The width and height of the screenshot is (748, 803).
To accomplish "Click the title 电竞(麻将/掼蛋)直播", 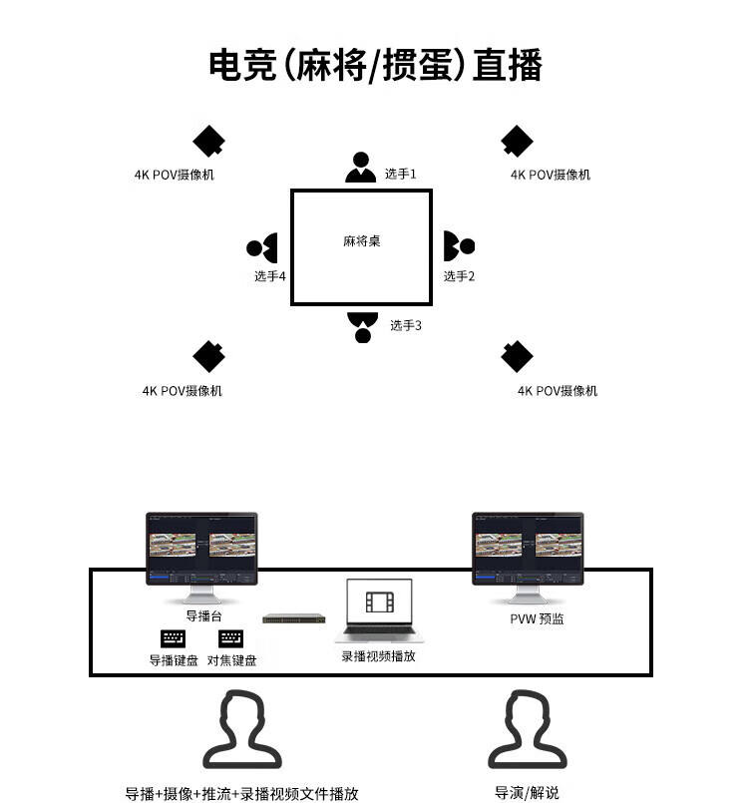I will [x=375, y=66].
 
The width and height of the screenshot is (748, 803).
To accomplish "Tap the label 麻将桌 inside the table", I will [x=361, y=241].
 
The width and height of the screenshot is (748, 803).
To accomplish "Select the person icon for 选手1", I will [x=360, y=168].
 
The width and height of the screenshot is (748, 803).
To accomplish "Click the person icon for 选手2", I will [x=458, y=245].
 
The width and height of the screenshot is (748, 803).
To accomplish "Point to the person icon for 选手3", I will [x=362, y=326].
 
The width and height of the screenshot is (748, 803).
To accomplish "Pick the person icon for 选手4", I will [x=262, y=247].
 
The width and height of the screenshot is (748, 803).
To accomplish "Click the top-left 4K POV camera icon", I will [x=208, y=142].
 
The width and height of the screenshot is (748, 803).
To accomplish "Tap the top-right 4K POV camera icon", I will [x=517, y=142].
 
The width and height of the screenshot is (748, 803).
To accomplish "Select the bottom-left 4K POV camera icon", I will [x=208, y=357].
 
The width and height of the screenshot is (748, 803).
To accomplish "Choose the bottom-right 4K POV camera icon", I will [x=517, y=356].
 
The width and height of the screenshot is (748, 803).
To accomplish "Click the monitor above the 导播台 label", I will [x=201, y=551].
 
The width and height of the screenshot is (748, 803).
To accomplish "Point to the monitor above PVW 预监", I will [x=528, y=551].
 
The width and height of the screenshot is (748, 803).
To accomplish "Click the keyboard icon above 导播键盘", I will [x=173, y=638].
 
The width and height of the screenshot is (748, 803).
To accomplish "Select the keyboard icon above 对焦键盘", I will [x=231, y=638].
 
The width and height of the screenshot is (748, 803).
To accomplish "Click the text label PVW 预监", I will [x=537, y=618].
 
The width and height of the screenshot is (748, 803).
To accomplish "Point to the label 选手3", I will [x=406, y=325].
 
